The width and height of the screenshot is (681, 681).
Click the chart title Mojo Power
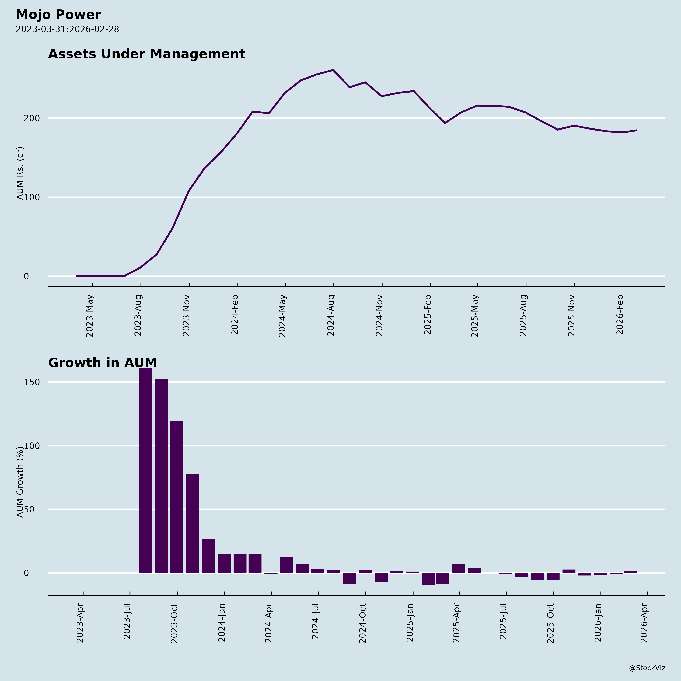58,15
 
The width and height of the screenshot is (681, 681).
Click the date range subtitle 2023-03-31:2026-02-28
67,29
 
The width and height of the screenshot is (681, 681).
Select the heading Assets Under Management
146,54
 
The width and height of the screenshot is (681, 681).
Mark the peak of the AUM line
333,70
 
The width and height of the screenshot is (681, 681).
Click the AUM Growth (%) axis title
20,482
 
